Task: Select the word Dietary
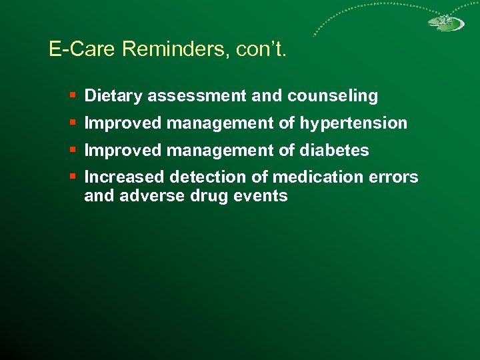click(114, 96)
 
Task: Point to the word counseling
click(333, 96)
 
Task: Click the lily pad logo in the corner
click(445, 23)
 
